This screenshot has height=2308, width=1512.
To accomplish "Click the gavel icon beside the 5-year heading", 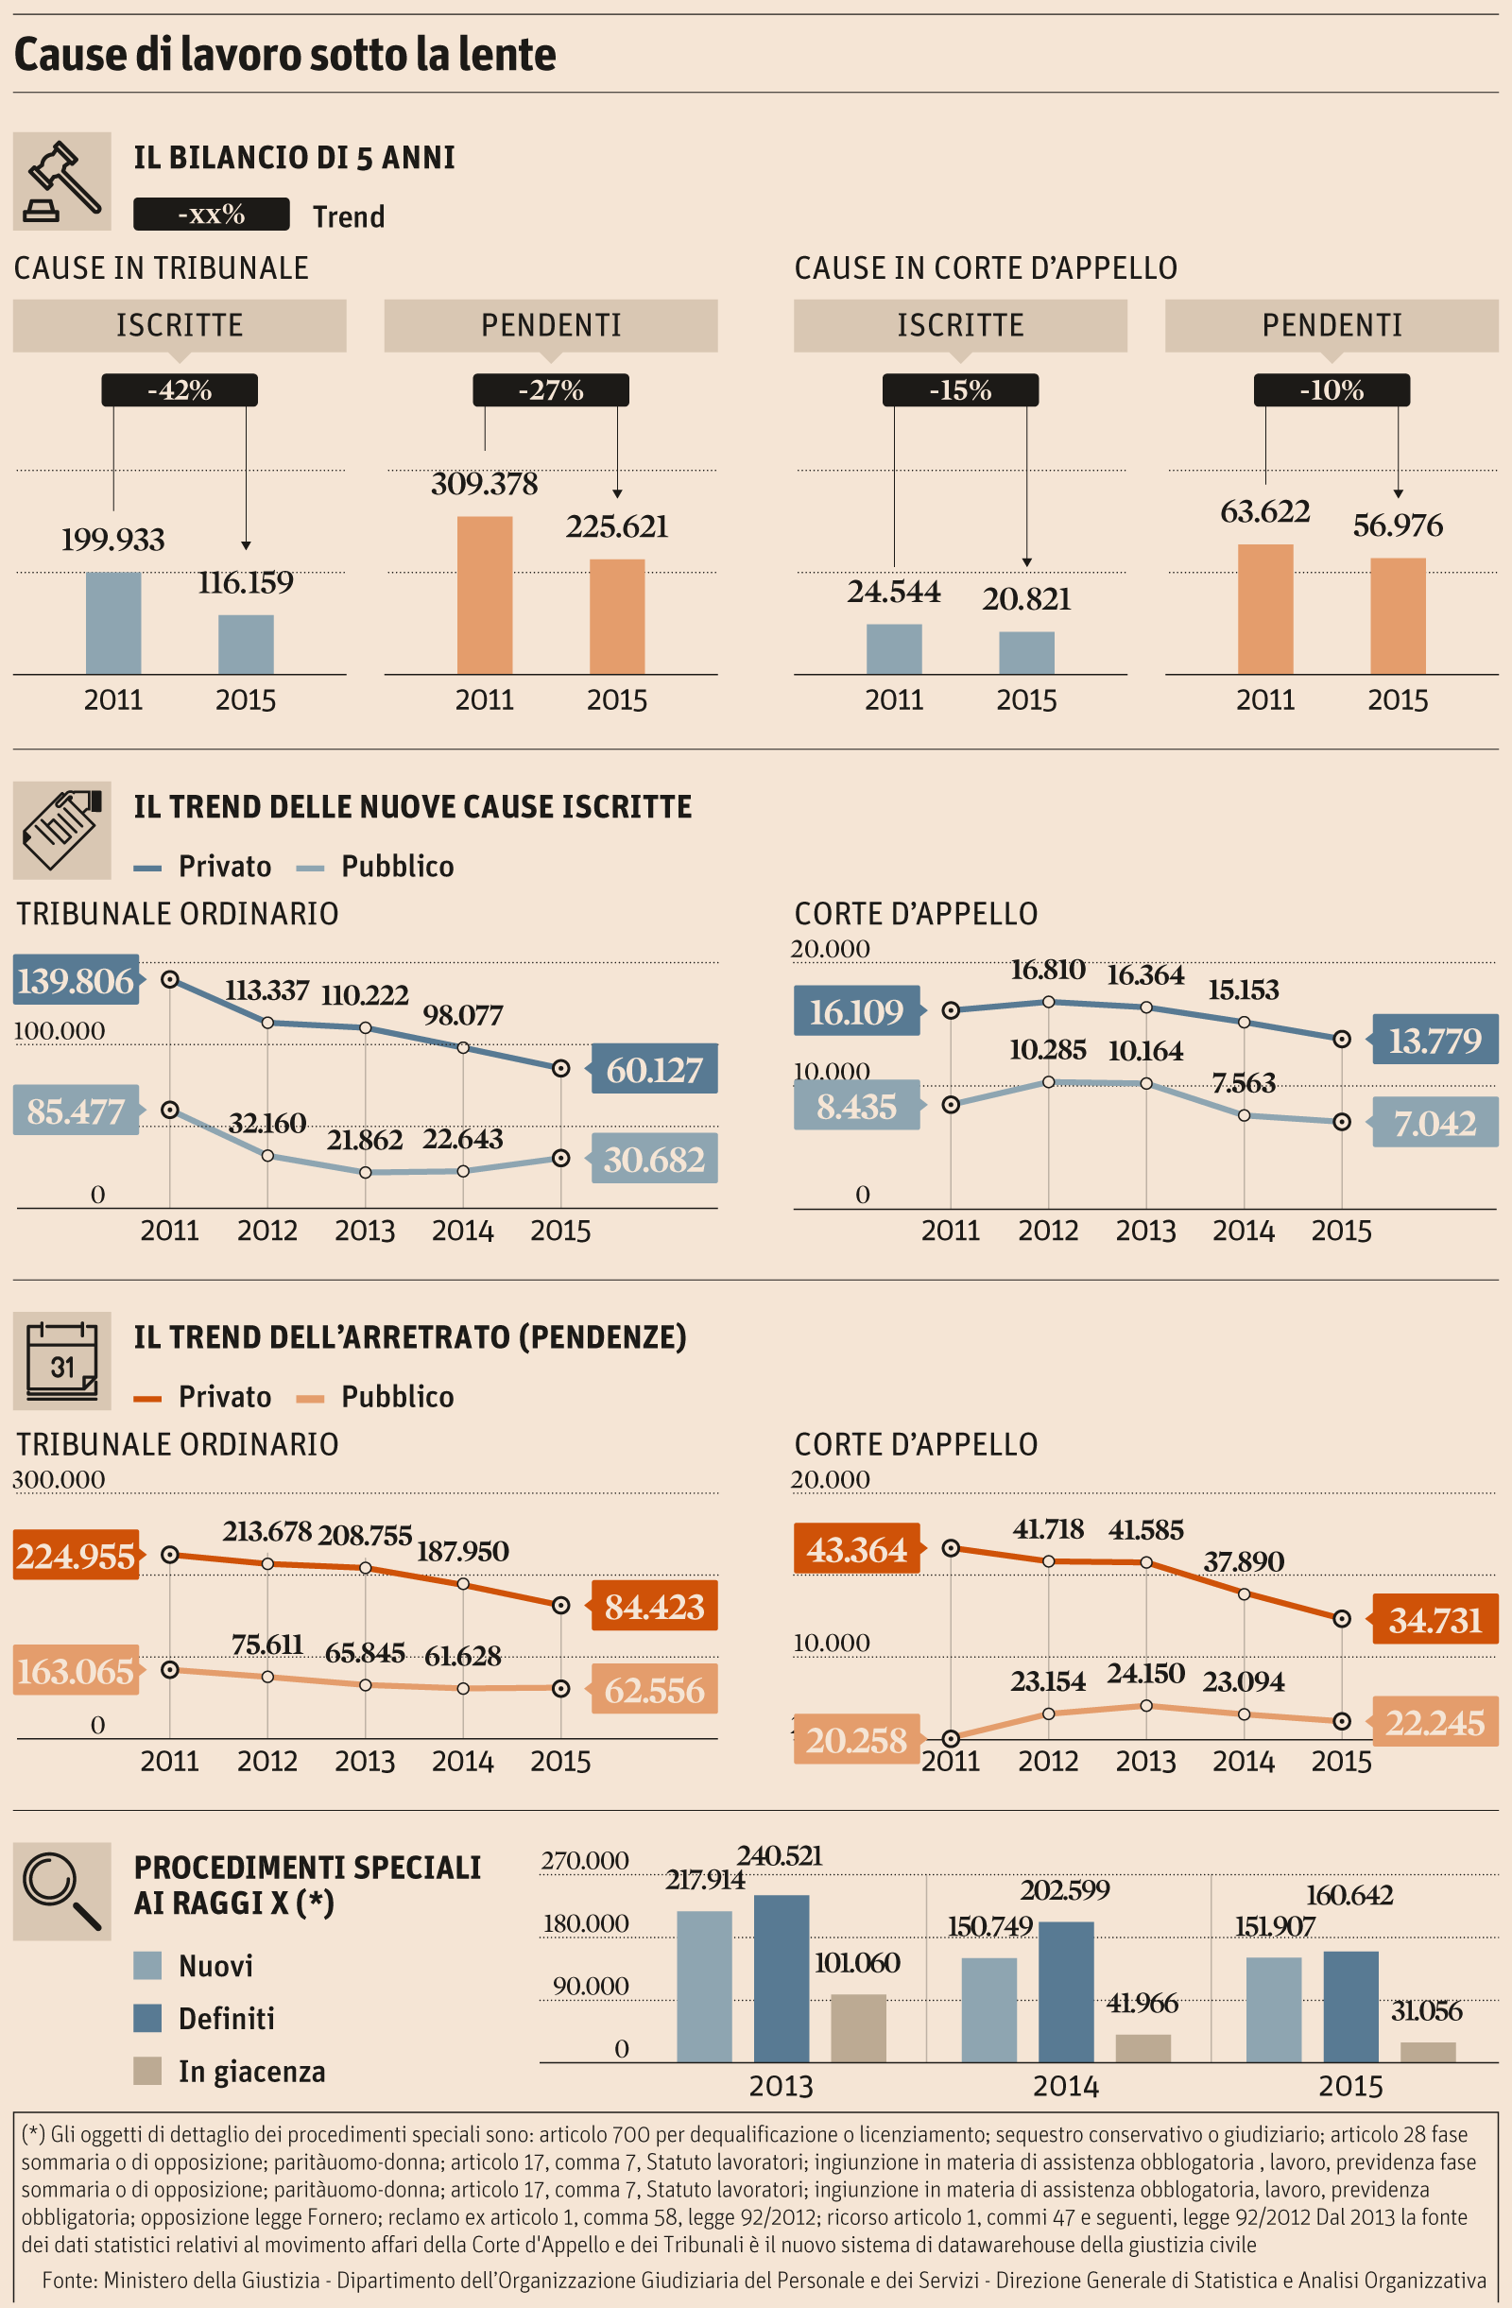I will click(62, 181).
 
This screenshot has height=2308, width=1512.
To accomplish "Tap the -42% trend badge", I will click(180, 389).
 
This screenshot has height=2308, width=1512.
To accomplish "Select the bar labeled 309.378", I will click(484, 594).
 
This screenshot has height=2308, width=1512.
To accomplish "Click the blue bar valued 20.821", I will click(1026, 653).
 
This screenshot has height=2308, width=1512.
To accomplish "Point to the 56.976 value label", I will click(1398, 525).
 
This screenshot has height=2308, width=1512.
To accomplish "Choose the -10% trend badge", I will click(1331, 389).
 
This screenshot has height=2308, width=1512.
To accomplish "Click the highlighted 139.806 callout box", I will click(76, 980).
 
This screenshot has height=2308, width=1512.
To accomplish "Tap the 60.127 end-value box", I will click(655, 1069).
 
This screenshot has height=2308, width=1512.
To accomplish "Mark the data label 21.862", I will click(365, 1140).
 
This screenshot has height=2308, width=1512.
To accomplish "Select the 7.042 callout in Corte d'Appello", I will click(1435, 1123).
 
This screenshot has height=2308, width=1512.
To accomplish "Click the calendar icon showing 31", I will click(62, 1361).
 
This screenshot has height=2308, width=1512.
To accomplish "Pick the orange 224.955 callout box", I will click(76, 1556).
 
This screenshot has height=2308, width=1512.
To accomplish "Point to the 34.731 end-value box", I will click(1435, 1620).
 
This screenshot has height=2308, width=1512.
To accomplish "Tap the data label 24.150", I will click(1145, 1673).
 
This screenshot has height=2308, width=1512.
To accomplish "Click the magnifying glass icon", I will click(62, 1891).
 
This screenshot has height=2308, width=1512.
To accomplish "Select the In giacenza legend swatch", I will click(147, 2071).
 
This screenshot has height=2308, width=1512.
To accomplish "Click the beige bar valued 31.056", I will click(1428, 2051).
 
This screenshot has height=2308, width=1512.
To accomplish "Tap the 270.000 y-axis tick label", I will click(585, 1860).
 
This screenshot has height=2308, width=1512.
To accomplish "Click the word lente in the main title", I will click(507, 54).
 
